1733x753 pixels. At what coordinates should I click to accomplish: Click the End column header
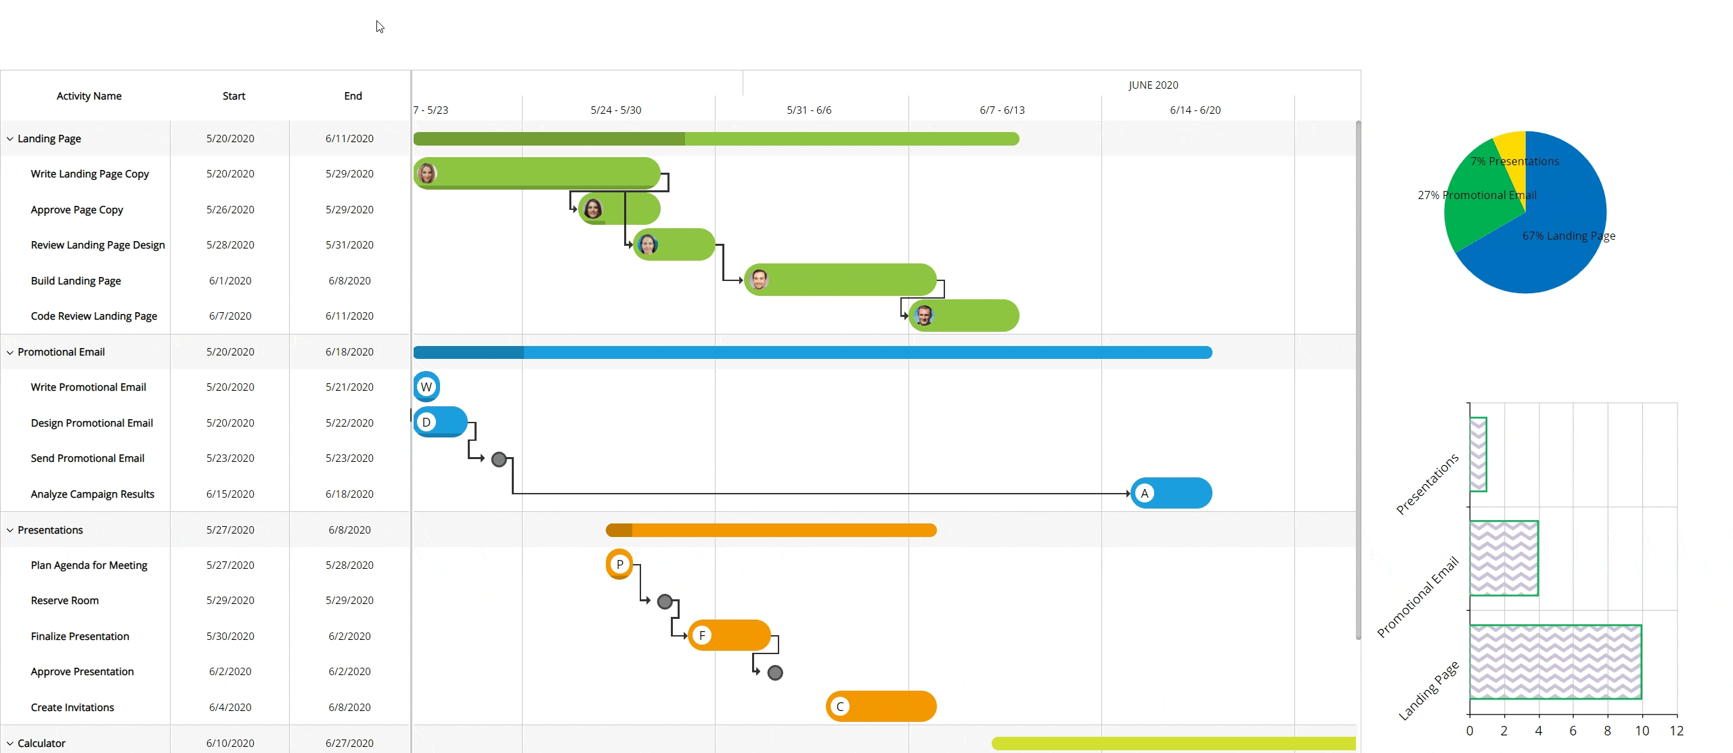point(353,96)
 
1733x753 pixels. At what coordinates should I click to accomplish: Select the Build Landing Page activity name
point(76,280)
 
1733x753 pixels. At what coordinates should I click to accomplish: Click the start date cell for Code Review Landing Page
point(230,316)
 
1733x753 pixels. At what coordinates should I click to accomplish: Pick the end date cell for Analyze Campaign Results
point(349,494)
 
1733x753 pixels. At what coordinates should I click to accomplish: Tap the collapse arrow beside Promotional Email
point(10,352)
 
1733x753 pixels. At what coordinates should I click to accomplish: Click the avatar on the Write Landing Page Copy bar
point(426,173)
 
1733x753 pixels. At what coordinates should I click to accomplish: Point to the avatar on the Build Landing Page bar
point(760,279)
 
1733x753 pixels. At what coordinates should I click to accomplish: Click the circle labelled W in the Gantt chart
point(426,387)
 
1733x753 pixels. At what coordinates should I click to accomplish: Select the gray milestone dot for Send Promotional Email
point(499,459)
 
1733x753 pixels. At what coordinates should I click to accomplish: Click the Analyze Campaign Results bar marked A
point(1178,493)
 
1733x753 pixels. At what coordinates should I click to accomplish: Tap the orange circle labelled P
point(619,564)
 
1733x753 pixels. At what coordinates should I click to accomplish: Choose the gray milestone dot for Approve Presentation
point(775,672)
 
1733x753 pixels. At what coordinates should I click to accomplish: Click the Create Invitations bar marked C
point(887,706)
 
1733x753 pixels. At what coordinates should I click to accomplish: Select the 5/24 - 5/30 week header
point(615,110)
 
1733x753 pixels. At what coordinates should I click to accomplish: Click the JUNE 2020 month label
point(1153,85)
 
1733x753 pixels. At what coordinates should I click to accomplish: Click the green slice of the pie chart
point(1476,203)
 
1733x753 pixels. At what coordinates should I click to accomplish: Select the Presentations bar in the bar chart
point(1478,454)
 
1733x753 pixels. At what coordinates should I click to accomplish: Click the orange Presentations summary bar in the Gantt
point(778,530)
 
